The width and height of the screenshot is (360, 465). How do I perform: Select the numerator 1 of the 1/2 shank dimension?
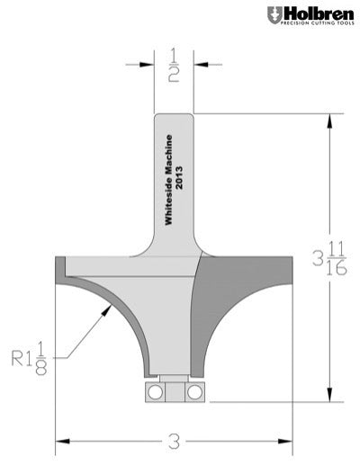point(173,56)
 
